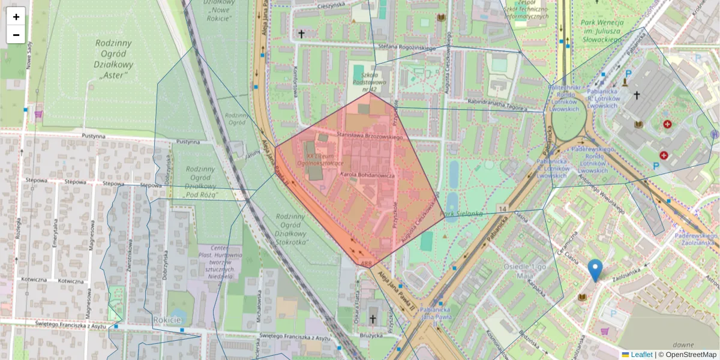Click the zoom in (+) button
click(16, 17)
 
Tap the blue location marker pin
click(595, 271)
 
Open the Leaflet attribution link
click(641, 355)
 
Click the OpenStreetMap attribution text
click(690, 355)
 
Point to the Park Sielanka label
click(462, 213)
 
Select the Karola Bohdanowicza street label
click(367, 175)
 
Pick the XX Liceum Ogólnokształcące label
click(322, 158)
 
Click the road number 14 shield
click(503, 208)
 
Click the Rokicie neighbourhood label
click(167, 320)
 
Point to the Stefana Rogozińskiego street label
click(407, 47)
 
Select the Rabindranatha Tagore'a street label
click(497, 103)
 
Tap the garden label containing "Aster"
click(113, 59)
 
